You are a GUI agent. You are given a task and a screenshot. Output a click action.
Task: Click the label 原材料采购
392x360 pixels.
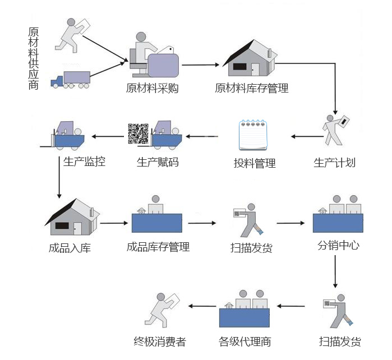pos(152,89)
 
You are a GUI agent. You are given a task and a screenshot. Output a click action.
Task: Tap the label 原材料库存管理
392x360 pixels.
pos(252,89)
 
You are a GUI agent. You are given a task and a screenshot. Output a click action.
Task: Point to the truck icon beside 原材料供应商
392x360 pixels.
pos(71,80)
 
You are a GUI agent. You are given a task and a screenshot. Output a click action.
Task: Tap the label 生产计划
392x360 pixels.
pos(334,163)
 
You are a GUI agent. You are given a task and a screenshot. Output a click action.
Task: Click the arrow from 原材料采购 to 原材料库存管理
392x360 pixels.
pos(200,65)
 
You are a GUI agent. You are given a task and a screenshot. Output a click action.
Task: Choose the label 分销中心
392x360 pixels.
pos(338,245)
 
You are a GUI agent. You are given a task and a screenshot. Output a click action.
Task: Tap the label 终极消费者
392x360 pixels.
pos(160,341)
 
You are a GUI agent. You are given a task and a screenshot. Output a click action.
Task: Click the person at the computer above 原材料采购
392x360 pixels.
pos(154,56)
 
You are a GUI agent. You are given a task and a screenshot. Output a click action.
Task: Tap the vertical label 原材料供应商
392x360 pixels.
pos(34,58)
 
